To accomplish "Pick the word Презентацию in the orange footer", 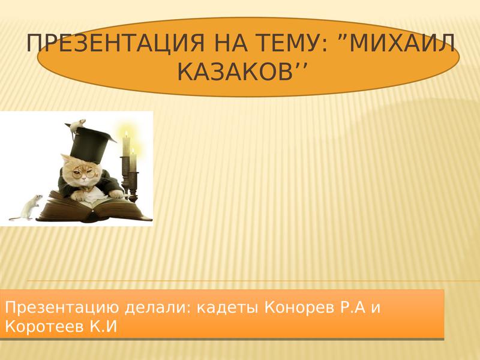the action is pyautogui.click(x=62, y=308).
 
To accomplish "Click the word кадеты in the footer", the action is pyautogui.click(x=227, y=308).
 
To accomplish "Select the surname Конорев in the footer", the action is pyautogui.click(x=299, y=308).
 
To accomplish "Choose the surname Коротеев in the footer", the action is pyautogui.click(x=44, y=327).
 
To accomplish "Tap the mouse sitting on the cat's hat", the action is pyautogui.click(x=77, y=125).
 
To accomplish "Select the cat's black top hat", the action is pyautogui.click(x=89, y=143).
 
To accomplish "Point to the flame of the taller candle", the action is pyautogui.click(x=126, y=134).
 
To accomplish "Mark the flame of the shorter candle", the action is pyautogui.click(x=133, y=151).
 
